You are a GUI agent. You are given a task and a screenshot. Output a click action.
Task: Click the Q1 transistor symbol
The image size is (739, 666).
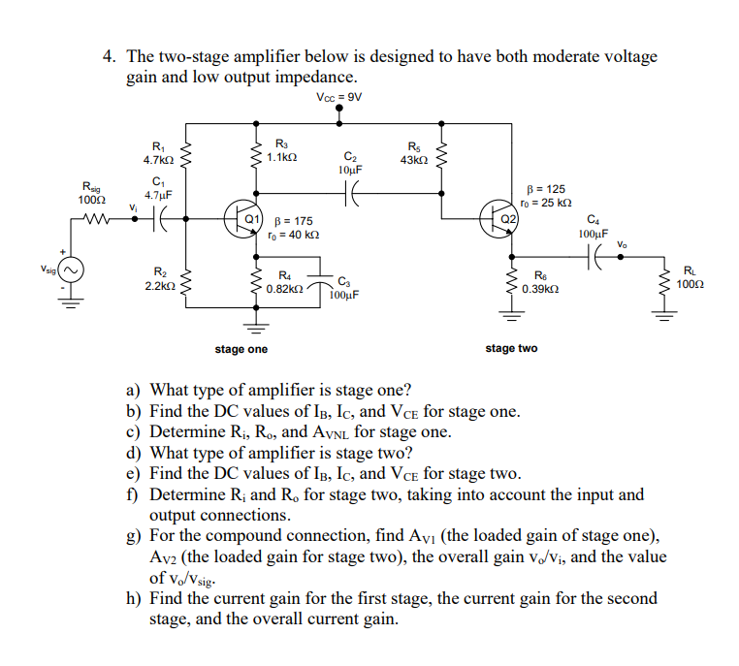pos(241,215)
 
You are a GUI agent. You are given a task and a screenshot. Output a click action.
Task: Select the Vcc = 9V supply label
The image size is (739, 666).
pos(338,97)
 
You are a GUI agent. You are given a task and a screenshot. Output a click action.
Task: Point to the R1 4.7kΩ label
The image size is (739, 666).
pos(158,153)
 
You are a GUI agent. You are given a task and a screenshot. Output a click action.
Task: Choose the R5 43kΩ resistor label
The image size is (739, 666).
pos(414,153)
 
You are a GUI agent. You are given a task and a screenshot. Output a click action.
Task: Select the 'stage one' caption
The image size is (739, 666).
pos(241,348)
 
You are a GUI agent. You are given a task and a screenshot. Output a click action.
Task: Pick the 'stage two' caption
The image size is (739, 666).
pos(511,348)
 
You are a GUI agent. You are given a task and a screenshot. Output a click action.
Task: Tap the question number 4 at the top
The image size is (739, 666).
pos(109,57)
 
